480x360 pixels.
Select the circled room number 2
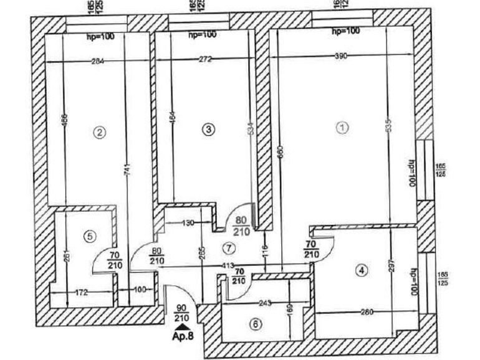coord(98,131)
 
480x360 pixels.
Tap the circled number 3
coord(209,129)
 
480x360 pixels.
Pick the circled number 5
coord(90,236)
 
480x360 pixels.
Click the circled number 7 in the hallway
coord(229,248)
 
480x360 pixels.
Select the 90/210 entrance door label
coord(181,313)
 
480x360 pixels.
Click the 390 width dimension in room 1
coord(340,56)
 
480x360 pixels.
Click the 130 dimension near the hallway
coord(189,222)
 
